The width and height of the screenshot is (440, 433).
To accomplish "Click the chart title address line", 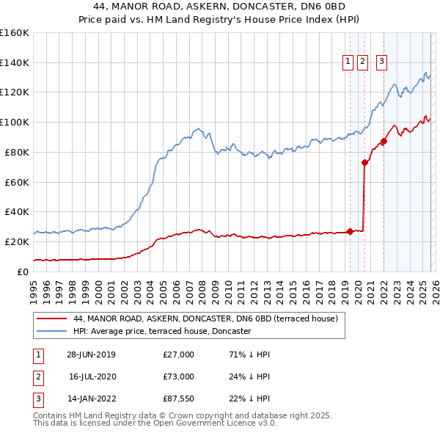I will click(x=221, y=7).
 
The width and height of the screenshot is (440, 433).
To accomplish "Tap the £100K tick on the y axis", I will click(x=15, y=122).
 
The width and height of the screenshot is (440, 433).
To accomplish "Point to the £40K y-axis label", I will click(x=16, y=211).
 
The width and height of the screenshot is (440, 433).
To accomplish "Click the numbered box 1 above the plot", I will click(x=347, y=62).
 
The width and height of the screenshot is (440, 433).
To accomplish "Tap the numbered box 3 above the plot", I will click(x=382, y=62).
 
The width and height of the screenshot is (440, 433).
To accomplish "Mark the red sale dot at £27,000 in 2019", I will click(x=350, y=231).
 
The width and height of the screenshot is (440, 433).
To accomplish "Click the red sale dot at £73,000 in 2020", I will click(x=364, y=162).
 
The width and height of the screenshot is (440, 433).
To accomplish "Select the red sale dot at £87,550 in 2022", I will click(x=384, y=141).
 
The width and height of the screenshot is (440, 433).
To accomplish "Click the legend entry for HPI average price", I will click(x=162, y=331).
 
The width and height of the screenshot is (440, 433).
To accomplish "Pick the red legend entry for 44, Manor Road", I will click(x=205, y=319).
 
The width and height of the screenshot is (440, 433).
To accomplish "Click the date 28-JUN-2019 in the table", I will click(x=91, y=354).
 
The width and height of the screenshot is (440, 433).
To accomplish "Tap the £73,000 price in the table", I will click(x=178, y=376).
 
